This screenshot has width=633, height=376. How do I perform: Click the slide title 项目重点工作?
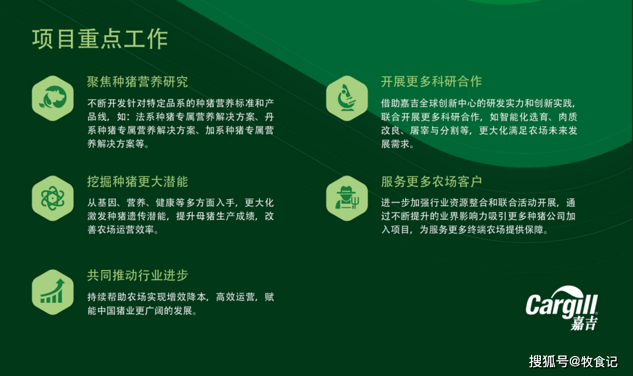tap(100, 39)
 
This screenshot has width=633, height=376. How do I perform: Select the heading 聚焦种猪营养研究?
tap(138, 82)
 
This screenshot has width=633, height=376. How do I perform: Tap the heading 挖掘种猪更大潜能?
tap(138, 182)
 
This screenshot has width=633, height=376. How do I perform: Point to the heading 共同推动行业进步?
tap(138, 275)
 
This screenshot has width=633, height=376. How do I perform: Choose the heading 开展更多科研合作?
tap(431, 81)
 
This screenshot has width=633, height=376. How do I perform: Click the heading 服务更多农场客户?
tap(431, 182)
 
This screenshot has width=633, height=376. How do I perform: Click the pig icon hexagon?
tap(53, 98)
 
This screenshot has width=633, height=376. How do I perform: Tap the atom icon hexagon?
tap(53, 198)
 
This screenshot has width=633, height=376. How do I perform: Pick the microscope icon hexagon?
tap(347, 98)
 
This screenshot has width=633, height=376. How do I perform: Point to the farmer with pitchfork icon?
tap(347, 198)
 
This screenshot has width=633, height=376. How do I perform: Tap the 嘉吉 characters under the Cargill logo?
tap(584, 323)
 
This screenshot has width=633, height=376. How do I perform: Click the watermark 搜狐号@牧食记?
tap(573, 361)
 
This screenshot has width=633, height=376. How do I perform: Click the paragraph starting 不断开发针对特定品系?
tap(181, 124)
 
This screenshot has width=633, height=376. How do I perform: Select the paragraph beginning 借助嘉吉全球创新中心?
tap(479, 124)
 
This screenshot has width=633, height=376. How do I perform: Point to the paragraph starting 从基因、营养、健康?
tap(181, 216)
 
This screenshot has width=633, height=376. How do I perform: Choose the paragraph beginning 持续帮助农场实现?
tap(181, 304)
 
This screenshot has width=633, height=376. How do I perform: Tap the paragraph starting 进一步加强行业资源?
tap(478, 216)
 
